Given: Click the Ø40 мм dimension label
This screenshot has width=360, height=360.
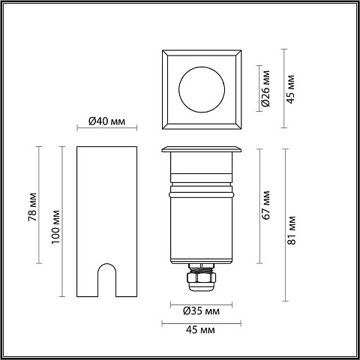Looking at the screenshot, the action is coord(106,121).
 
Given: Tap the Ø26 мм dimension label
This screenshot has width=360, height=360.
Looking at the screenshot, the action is coord(266,88).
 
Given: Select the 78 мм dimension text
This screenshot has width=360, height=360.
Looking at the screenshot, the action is coord(32,207).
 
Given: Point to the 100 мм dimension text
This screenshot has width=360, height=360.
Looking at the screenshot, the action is coord(55,227).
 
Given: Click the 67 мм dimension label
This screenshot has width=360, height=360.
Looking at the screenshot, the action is coord(266,205).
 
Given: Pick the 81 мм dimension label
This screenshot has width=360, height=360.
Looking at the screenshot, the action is coord(292,230).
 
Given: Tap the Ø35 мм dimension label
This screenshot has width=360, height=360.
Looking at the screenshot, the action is coord(201,311).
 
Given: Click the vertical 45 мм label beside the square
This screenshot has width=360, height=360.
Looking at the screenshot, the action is coord(291,89).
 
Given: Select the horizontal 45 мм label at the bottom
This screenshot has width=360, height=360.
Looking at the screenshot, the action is coord(200,330).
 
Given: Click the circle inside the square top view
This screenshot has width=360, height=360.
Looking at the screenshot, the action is coord(202,67).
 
